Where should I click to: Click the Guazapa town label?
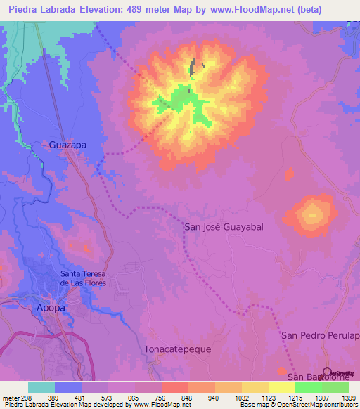(68, 145)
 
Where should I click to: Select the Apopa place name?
(51, 308)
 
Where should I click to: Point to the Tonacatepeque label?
(177, 349)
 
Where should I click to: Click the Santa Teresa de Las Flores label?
(88, 278)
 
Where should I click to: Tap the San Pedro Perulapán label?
(321, 336)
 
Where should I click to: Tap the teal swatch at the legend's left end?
(41, 387)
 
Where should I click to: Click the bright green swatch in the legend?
(308, 387)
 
